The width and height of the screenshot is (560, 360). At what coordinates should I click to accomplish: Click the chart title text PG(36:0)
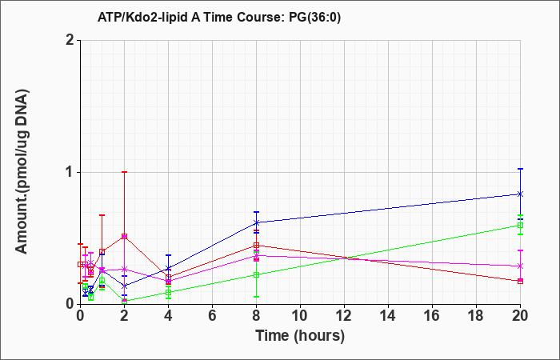(314, 18)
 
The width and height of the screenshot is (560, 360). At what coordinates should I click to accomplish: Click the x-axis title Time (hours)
(300, 336)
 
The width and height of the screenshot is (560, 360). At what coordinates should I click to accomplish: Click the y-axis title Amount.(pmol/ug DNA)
(22, 172)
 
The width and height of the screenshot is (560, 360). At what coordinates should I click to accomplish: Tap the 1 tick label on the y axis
(70, 173)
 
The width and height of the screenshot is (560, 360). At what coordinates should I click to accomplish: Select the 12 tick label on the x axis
(344, 316)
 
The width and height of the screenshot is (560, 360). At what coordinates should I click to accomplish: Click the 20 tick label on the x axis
(520, 316)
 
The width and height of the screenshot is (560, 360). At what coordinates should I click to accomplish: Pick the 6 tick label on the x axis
(212, 316)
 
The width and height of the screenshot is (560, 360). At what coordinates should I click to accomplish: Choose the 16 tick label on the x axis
(432, 316)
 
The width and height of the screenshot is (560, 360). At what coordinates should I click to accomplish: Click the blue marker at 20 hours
(520, 194)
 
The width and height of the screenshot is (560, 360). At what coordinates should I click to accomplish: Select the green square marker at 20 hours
(520, 225)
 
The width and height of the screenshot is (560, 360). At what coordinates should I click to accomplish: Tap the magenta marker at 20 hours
(520, 266)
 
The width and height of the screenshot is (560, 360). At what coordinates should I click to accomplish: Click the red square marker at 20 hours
(520, 281)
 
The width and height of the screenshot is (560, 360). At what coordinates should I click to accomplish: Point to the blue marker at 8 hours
(256, 222)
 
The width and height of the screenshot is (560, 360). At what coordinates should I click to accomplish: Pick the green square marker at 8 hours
(256, 274)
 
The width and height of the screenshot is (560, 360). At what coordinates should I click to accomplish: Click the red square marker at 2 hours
(124, 236)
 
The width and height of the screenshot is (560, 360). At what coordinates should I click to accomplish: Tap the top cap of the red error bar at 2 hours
(124, 172)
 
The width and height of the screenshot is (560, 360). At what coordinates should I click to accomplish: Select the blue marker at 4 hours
(168, 268)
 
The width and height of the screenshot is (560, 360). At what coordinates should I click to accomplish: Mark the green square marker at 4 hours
(168, 293)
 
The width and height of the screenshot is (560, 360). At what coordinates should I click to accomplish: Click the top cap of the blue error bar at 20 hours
(520, 169)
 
